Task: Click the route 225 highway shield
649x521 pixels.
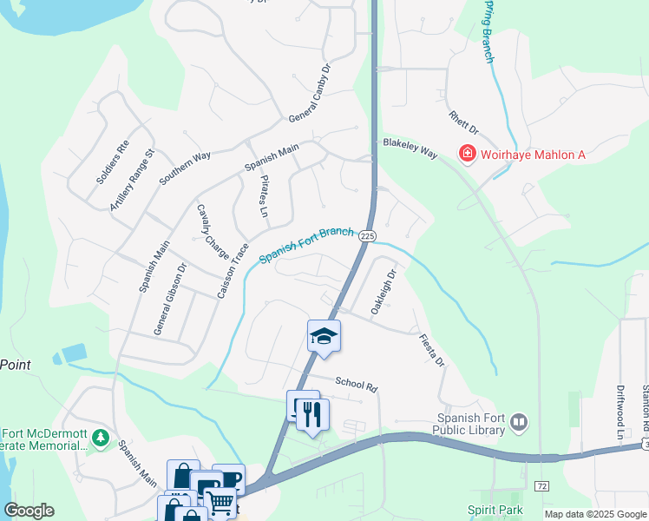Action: click(366, 235)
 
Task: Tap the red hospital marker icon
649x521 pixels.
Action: click(467, 155)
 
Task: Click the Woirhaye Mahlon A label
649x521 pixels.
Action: click(534, 155)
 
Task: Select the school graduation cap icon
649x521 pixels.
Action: click(324, 336)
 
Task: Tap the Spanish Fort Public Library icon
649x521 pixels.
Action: click(519, 422)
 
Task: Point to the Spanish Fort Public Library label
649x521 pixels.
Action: click(472, 423)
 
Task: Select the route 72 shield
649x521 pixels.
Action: click(542, 484)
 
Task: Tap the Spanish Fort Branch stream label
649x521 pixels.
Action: click(306, 246)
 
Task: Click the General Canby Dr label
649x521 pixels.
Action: click(311, 93)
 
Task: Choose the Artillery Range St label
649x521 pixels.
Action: click(132, 179)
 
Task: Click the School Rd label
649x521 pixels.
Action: click(357, 385)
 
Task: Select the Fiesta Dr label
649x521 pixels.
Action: click(431, 350)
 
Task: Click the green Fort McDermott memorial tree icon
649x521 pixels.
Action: click(101, 438)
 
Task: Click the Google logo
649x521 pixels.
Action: click(29, 511)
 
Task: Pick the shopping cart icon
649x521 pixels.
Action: click(220, 502)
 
